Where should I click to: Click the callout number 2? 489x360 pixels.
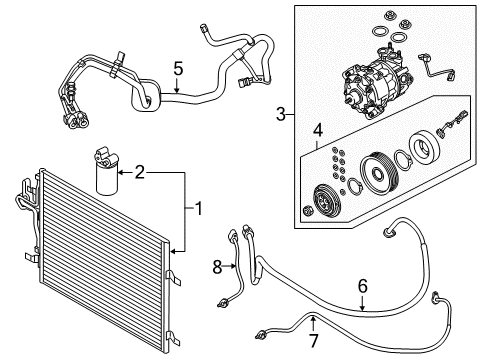[140, 174]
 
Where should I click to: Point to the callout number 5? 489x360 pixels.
[178, 70]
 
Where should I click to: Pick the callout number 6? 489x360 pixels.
[361, 286]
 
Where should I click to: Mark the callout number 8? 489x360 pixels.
[216, 266]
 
